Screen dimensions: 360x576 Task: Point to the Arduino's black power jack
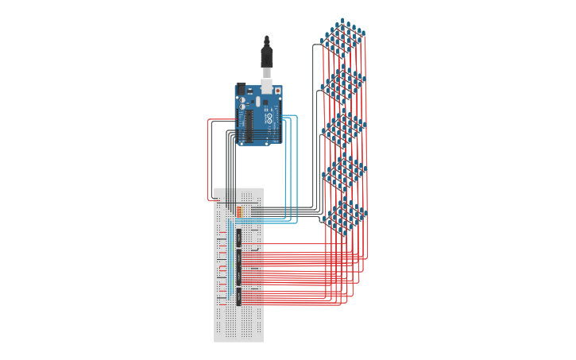coord(242,89)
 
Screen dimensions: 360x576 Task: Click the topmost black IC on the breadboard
coord(238,237)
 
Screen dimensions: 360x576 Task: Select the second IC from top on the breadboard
coord(238,258)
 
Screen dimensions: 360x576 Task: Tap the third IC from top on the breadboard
coord(238,277)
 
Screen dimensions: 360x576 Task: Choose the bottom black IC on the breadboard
coord(238,296)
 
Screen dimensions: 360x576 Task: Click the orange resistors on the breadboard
coord(239,211)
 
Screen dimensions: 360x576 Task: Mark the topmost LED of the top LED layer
coord(342,21)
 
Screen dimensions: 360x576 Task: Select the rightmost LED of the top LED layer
coord(363,33)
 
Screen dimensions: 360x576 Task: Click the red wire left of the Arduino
coord(208,159)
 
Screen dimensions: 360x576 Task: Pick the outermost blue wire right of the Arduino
coord(297,167)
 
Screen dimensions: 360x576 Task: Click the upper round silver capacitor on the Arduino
coord(242,100)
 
